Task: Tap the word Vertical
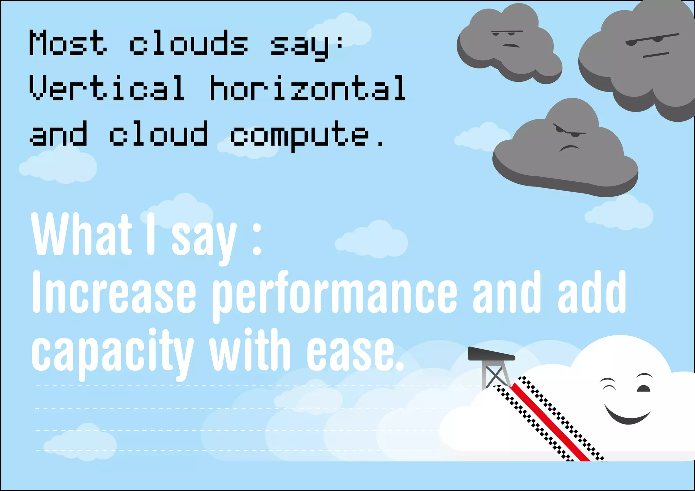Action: pos(107,88)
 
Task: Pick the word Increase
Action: pos(114,292)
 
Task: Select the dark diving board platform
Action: pos(491,354)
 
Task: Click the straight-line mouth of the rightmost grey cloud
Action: pos(656,55)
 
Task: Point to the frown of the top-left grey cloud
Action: pos(511,45)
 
